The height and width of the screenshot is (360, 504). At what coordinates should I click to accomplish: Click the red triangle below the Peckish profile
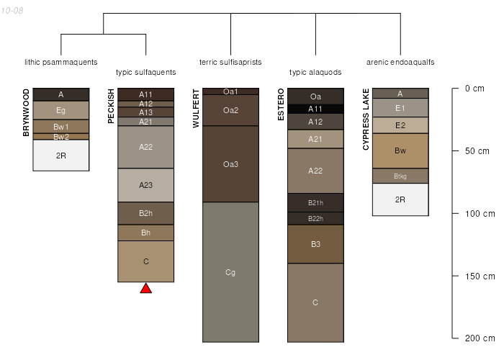click(x=146, y=288)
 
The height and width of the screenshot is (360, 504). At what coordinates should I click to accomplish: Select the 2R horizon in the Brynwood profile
click(x=61, y=156)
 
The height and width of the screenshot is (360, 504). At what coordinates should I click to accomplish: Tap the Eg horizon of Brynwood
click(x=61, y=110)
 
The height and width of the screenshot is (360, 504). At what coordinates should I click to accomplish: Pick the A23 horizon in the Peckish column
click(x=146, y=185)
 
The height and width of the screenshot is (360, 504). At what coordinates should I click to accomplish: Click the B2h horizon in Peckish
click(x=146, y=213)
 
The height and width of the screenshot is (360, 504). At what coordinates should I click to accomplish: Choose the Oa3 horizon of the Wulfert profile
click(x=231, y=164)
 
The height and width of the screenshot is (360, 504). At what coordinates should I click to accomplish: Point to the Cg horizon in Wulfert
click(x=231, y=272)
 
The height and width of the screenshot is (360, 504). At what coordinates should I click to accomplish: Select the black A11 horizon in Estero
click(x=315, y=109)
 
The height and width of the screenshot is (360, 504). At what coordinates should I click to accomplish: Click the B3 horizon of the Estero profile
click(x=315, y=244)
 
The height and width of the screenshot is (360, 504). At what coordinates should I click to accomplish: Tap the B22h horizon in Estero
click(x=315, y=219)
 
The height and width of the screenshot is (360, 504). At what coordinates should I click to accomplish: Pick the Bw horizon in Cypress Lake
click(x=400, y=150)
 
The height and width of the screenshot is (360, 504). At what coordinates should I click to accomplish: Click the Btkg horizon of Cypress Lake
click(x=400, y=176)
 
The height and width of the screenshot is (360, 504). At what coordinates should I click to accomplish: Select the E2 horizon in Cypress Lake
click(x=400, y=125)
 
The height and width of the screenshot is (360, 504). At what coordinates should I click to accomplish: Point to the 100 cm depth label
click(x=480, y=214)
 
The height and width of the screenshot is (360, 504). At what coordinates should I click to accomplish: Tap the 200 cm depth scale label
click(x=480, y=338)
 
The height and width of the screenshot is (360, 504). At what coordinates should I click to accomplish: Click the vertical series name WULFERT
click(x=196, y=109)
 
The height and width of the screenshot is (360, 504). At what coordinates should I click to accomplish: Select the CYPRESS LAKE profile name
click(x=366, y=120)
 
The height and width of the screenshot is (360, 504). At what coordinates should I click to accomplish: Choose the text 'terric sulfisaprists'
click(x=230, y=62)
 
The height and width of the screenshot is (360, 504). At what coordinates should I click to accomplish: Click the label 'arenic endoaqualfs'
click(x=400, y=62)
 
